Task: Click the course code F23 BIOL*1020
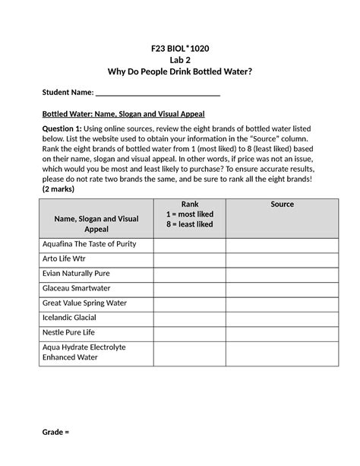[179, 48]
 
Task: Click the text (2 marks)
[63, 189]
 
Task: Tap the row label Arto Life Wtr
[65, 258]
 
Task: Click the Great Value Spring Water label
[84, 303]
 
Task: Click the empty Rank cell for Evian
[189, 274]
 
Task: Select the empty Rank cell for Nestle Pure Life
[189, 333]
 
